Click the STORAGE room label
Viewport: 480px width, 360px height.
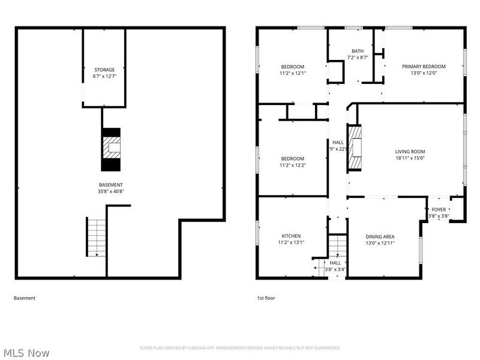(x=104, y=70)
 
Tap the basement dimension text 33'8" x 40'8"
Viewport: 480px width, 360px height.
(x=111, y=191)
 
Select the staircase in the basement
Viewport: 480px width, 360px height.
(x=96, y=238)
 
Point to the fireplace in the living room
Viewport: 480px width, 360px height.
(x=356, y=148)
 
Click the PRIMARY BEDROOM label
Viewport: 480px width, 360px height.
(x=424, y=67)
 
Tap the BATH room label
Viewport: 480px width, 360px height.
(x=358, y=50)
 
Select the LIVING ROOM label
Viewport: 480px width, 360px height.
(x=410, y=152)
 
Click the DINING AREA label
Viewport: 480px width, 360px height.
(x=380, y=237)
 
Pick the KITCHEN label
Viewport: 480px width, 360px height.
(x=291, y=236)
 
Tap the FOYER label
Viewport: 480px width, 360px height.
(x=439, y=209)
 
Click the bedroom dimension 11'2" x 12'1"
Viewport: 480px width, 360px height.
(x=293, y=73)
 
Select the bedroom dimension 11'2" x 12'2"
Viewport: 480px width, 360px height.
(x=293, y=166)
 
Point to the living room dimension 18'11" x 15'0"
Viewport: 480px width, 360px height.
(x=410, y=158)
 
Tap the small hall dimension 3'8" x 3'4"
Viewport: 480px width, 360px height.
(x=335, y=269)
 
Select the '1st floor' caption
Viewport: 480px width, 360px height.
(x=265, y=298)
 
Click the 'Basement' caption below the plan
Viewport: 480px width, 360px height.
(x=24, y=298)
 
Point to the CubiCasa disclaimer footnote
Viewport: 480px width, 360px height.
(x=240, y=348)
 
